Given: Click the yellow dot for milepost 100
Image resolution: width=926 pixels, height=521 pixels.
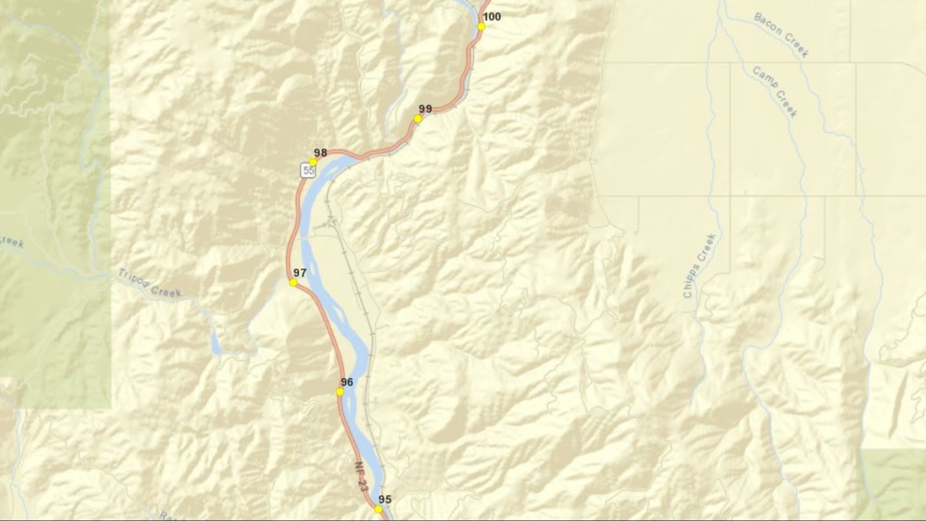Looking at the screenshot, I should (481, 27).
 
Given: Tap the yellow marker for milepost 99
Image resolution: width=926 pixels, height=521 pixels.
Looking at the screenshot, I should (418, 119).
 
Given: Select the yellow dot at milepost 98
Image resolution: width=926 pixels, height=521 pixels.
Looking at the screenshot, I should (313, 162).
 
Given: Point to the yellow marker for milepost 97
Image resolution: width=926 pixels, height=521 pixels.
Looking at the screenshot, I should (293, 283).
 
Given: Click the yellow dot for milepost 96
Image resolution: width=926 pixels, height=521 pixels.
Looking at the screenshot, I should (340, 392).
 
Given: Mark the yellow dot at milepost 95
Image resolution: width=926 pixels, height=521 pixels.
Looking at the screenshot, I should (379, 509).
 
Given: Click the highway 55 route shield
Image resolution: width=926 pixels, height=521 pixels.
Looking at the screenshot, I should (308, 171).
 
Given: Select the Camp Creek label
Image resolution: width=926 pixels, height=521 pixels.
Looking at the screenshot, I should (775, 92).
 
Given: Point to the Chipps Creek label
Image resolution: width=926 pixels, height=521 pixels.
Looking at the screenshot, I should (699, 265).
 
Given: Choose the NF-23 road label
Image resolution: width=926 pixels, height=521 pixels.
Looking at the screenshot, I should (361, 476).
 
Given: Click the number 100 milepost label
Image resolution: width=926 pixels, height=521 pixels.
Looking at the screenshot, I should (491, 17).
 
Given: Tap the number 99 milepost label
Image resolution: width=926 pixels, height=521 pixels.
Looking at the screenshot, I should (425, 109).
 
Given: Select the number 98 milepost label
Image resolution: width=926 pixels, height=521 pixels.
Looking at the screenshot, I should (320, 153).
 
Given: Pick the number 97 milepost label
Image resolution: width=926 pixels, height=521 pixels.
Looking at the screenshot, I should (300, 273).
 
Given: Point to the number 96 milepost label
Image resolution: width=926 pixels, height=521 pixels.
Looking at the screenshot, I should (347, 383).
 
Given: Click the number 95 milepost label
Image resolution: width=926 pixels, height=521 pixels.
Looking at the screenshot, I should (385, 500).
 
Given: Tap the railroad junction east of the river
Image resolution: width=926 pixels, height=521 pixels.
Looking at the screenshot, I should (331, 221).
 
